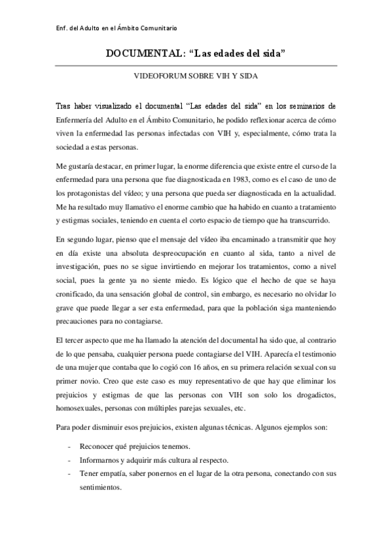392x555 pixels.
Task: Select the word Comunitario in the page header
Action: (x=155, y=28)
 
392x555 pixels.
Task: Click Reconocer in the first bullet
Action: (x=99, y=448)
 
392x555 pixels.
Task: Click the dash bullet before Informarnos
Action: (x=69, y=461)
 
